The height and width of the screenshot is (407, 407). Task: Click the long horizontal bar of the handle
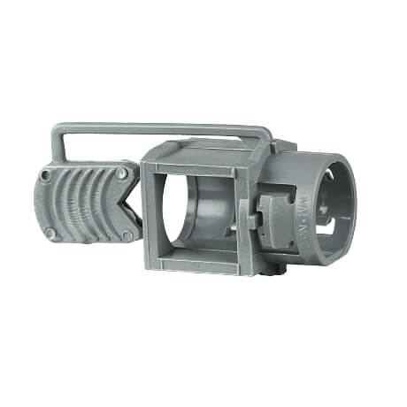coord(159,129)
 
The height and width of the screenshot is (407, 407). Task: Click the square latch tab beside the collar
coord(272,219)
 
